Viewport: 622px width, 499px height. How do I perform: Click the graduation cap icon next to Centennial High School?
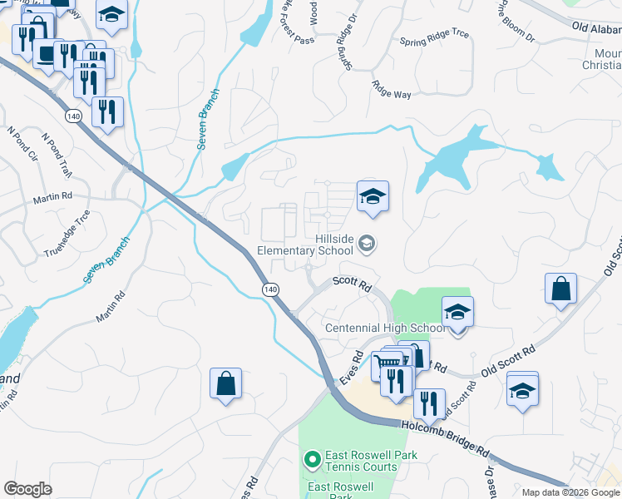click(457, 314)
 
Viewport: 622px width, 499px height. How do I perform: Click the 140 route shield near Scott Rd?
click(269, 289)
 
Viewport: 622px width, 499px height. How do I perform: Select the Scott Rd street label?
click(351, 284)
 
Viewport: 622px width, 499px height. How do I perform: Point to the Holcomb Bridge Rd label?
click(445, 438)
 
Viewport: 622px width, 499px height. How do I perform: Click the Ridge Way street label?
click(392, 90)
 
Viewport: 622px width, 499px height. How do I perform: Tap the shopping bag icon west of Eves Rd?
click(225, 384)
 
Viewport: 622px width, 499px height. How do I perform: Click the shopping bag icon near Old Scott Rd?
click(561, 289)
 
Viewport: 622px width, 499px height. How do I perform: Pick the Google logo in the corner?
click(27, 489)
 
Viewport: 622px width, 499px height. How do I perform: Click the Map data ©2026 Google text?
click(570, 492)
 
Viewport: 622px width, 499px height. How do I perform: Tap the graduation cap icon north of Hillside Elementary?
click(373, 197)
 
